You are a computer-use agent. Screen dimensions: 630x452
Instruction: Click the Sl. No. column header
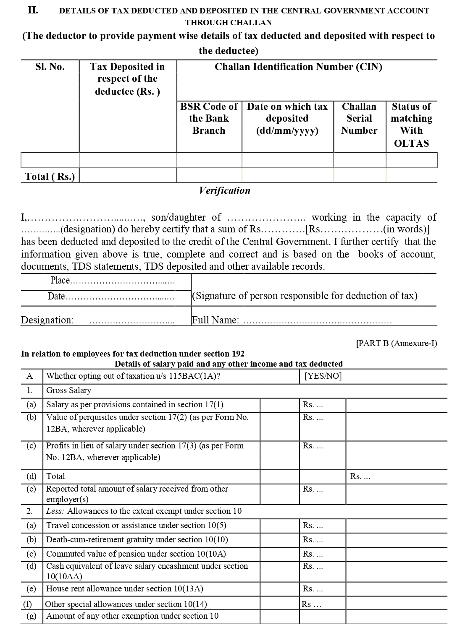coord(50,67)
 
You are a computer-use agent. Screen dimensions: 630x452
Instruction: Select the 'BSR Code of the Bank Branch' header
coord(209,118)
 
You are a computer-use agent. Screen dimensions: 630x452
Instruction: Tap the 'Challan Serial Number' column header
coord(359,118)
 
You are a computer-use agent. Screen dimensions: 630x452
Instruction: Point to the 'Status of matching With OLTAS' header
coord(411,125)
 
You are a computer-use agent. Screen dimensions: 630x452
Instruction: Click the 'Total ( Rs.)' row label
coord(50,176)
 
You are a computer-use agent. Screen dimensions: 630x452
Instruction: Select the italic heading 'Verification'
coord(225,190)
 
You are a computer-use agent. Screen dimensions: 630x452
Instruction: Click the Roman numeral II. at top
coord(33,10)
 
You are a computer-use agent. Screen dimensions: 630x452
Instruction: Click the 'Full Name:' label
coord(215,320)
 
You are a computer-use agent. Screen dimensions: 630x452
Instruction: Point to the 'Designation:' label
coord(47,320)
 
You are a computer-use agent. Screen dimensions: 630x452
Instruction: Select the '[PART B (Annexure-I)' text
coord(397,343)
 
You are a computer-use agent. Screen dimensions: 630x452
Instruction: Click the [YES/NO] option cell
coord(323,376)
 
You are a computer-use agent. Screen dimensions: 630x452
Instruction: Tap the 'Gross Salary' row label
coord(68,390)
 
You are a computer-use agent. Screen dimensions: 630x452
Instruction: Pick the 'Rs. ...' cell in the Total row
coord(360,476)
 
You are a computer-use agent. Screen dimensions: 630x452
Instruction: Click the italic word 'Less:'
coord(55,511)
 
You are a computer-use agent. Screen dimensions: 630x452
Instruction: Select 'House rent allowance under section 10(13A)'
coord(125,588)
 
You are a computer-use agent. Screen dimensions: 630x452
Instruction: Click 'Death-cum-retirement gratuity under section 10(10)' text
coord(137,539)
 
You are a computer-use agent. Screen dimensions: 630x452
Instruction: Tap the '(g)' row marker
coord(32,616)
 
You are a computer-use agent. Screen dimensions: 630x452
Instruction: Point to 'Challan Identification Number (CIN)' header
coord(298,67)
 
